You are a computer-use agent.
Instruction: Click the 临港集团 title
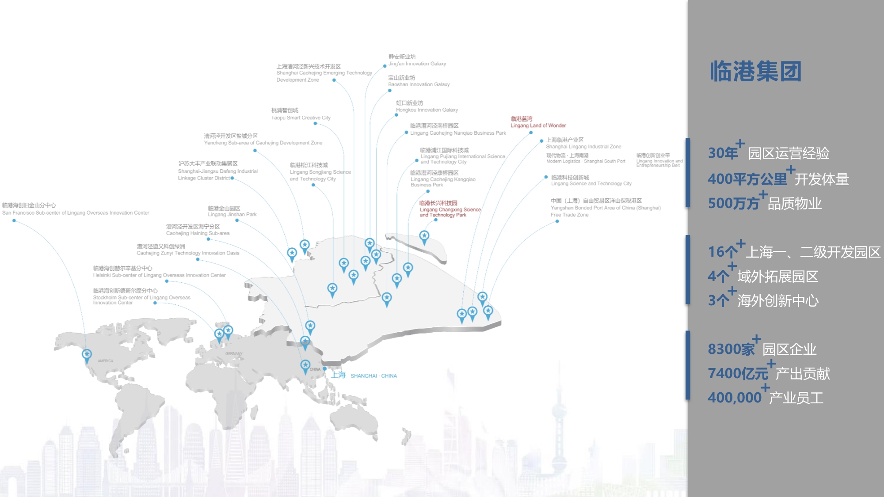point(755,72)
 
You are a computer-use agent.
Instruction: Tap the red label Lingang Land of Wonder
point(538,122)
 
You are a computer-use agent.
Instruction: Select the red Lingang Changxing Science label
point(450,209)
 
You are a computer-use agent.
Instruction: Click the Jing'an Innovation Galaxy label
point(417,61)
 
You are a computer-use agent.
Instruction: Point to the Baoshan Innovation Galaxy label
point(419,81)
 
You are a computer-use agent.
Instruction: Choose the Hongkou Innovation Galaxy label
point(427,106)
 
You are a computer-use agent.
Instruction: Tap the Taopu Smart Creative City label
point(301,114)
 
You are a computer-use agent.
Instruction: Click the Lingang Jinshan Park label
point(232,211)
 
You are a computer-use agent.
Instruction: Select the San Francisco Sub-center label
point(75,209)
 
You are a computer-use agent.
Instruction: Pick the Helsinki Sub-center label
point(159,272)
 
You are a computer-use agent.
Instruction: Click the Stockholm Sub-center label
point(141,296)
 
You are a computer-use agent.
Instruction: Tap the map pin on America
point(87,355)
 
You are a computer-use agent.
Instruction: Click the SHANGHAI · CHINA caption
point(373,376)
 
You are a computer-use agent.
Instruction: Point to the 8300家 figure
point(731,349)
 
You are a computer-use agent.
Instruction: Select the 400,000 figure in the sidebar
point(734,398)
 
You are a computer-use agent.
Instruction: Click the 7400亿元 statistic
point(738,373)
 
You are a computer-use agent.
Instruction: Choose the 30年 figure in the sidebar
point(723,153)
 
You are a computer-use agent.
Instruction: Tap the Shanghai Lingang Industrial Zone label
point(583,143)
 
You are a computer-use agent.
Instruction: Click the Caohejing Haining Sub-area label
point(198,230)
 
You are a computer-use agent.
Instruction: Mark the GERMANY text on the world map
point(234,353)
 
